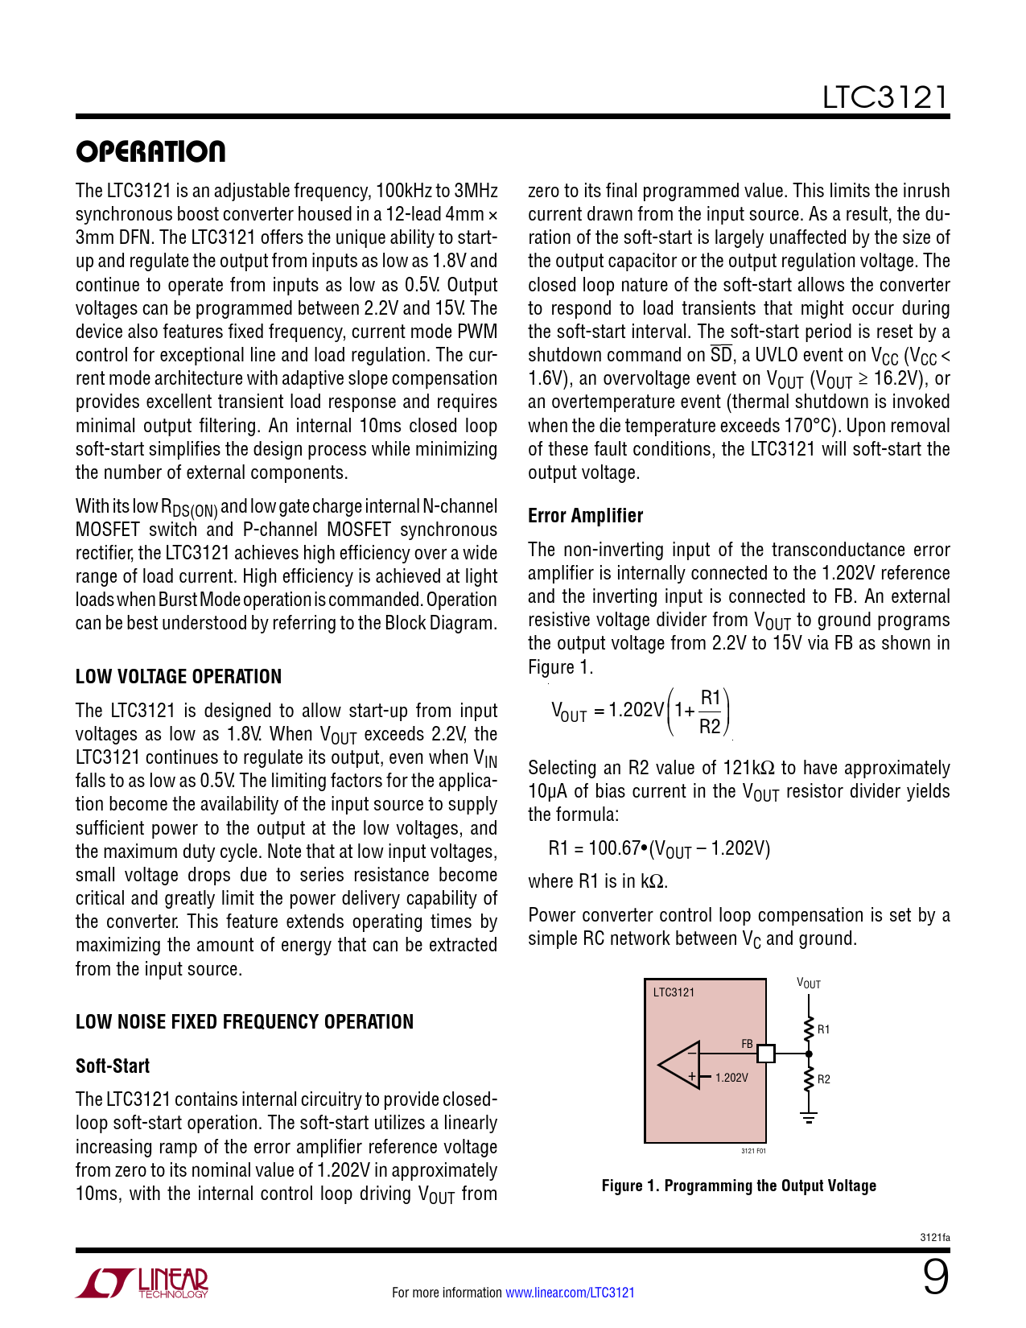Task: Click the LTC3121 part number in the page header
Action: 884,97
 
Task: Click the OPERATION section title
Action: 150,151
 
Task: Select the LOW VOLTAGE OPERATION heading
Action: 179,676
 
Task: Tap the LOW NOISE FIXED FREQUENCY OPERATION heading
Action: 244,1021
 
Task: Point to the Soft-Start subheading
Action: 113,1066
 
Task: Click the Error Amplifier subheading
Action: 585,515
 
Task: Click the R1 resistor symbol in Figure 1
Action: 809,1029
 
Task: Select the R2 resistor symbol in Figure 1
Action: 809,1079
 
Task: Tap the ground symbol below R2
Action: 809,1117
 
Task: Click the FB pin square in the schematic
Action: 766,1053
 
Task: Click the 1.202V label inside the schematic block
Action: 731,1078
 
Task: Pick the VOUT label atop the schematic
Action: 809,984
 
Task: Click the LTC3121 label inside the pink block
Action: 674,992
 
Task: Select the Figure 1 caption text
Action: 739,1186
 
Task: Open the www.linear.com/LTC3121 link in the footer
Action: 570,1293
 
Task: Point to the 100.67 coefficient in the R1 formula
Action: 614,848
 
